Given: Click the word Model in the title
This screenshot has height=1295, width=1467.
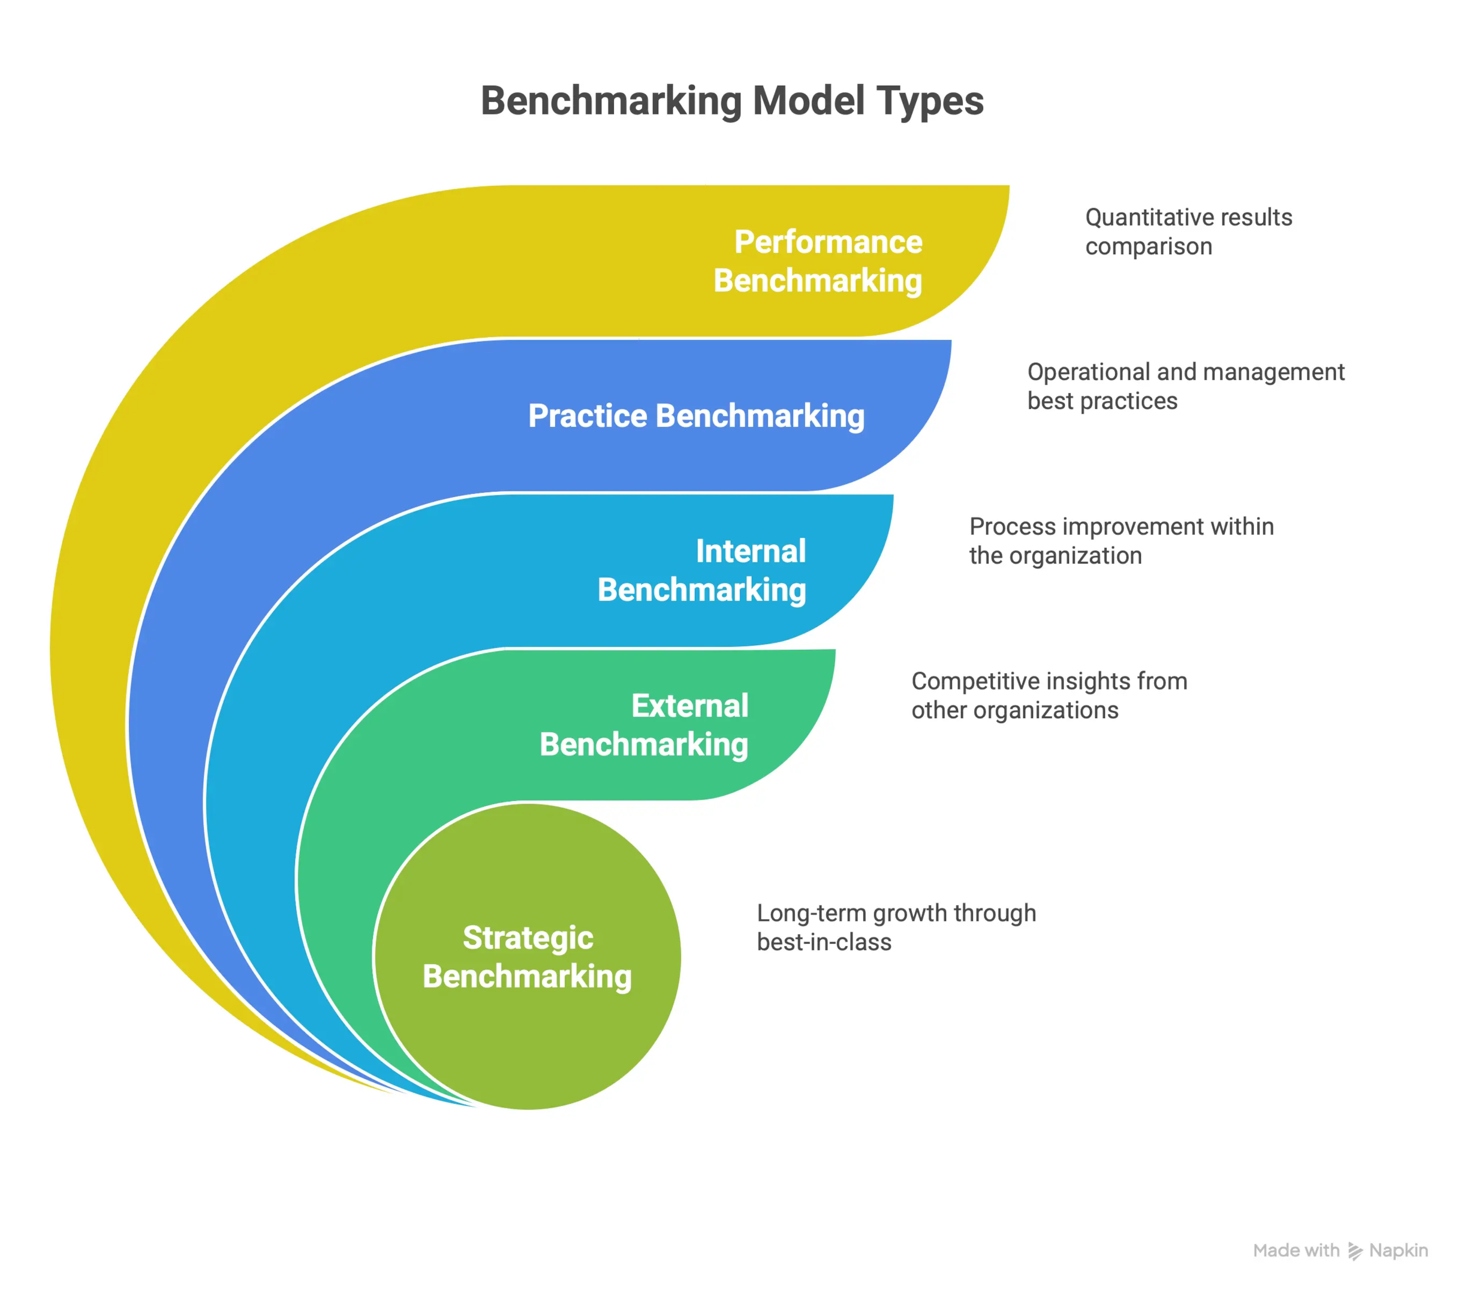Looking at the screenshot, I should pyautogui.click(x=809, y=101).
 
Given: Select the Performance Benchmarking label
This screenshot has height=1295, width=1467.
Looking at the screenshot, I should pyautogui.click(x=818, y=261).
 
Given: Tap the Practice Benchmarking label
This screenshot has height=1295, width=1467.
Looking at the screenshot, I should pyautogui.click(x=696, y=416).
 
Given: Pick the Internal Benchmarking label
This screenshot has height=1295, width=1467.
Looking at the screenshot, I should pyautogui.click(x=702, y=571).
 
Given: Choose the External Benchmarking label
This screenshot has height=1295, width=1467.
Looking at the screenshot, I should pyautogui.click(x=644, y=725).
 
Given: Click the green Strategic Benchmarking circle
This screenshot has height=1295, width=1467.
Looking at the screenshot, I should pyautogui.click(x=528, y=957).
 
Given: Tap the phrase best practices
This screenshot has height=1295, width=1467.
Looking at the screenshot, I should pyautogui.click(x=1102, y=401).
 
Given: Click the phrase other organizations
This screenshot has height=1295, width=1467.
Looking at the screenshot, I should pyautogui.click(x=1014, y=710).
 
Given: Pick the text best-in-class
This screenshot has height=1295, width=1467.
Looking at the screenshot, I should pyautogui.click(x=824, y=942).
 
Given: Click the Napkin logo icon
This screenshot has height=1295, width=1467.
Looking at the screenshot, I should pyautogui.click(x=1354, y=1251).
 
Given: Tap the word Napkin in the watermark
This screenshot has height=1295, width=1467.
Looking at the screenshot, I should pyautogui.click(x=1398, y=1251).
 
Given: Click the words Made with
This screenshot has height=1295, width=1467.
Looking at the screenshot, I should pyautogui.click(x=1296, y=1251).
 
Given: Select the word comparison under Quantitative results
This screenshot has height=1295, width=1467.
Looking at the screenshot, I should pyautogui.click(x=1148, y=247).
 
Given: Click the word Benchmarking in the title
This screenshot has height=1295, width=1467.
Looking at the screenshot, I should pyautogui.click(x=611, y=101).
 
